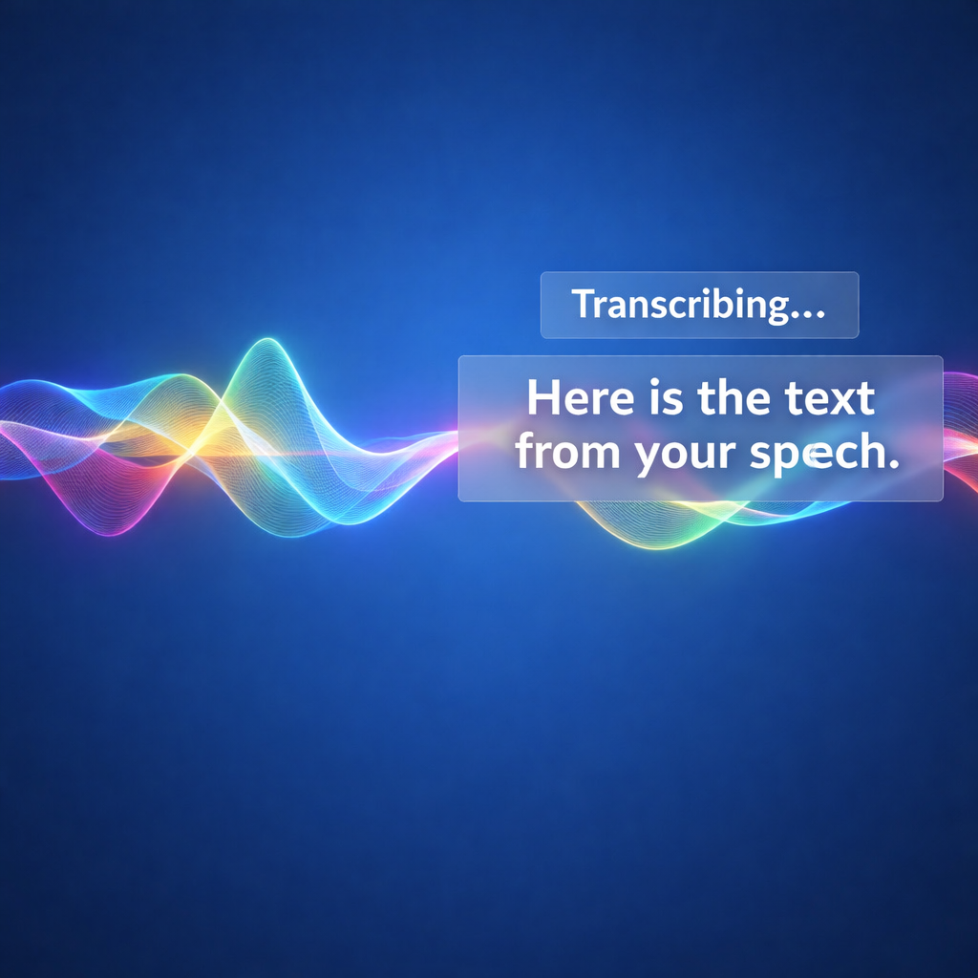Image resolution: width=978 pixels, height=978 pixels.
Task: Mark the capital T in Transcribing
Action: [584, 305]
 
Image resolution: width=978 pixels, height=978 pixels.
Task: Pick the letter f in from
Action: [526, 453]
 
